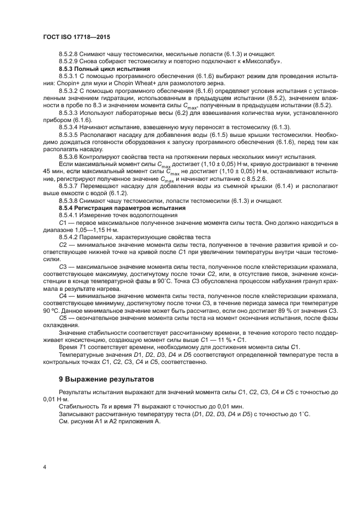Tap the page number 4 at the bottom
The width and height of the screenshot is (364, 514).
pyautogui.click(x=44, y=467)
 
